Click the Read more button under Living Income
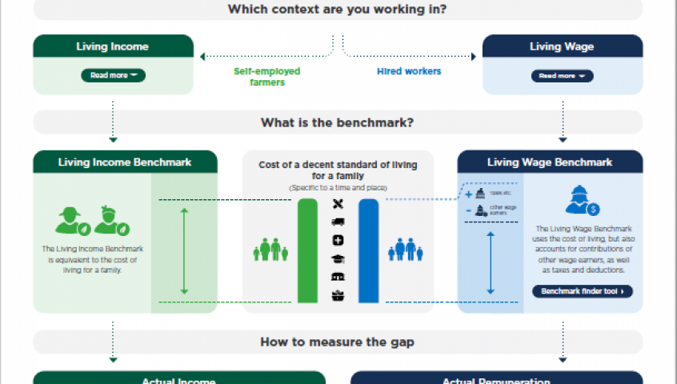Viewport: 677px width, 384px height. (113, 76)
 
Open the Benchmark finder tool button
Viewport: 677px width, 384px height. (582, 291)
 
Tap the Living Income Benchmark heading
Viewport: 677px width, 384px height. (125, 162)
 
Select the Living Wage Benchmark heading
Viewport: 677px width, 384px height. (550, 162)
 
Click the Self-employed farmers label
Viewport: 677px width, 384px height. (266, 77)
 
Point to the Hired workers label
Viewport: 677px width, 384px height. (408, 71)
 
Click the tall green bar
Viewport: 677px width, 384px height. (307, 250)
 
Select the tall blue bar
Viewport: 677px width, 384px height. (368, 250)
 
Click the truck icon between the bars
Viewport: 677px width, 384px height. (338, 222)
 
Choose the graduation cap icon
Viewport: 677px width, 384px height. (338, 258)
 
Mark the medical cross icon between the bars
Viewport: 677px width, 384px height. (338, 240)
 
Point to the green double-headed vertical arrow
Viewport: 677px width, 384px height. (184, 250)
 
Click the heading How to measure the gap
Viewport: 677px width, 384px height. (338, 342)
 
